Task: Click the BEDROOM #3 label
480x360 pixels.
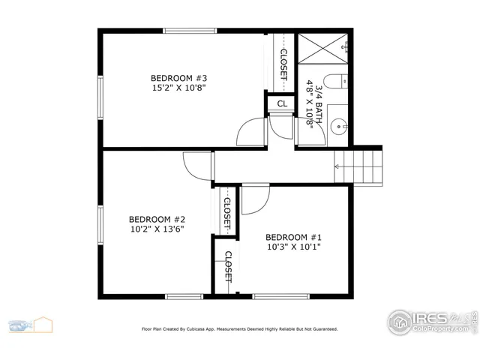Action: coord(178,78)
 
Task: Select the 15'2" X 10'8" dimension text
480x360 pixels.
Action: coord(178,88)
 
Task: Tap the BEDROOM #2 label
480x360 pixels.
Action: coord(156,220)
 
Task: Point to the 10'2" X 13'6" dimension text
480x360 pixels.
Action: coord(156,229)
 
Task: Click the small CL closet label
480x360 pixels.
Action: coord(281,104)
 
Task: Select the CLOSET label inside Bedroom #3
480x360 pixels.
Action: coord(283,64)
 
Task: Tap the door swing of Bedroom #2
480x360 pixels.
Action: coord(197,165)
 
